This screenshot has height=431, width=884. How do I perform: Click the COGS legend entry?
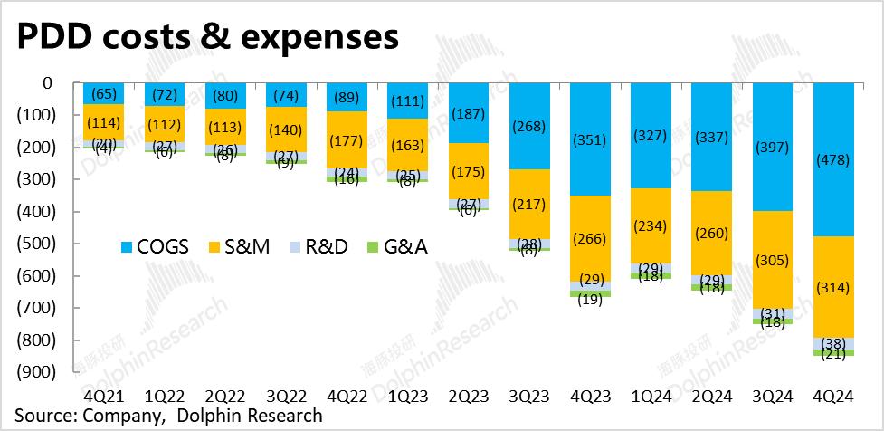click(x=155, y=246)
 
